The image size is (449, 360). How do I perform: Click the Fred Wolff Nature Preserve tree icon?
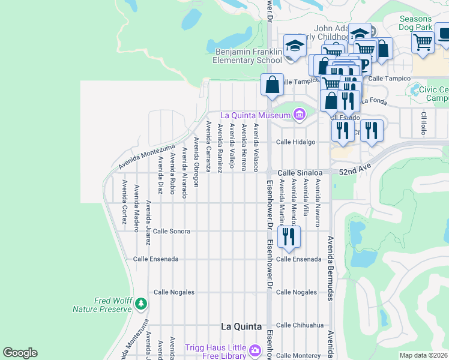tap(140, 304)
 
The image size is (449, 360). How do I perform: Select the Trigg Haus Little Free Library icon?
tap(255, 349)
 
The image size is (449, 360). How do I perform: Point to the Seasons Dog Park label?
tap(424, 23)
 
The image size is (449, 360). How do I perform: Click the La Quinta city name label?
tap(241, 326)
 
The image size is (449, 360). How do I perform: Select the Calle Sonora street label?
tap(171, 231)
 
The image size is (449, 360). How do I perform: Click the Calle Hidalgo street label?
tap(295, 142)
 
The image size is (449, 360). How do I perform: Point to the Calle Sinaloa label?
tap(296, 172)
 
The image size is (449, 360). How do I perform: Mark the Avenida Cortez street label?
tap(124, 202)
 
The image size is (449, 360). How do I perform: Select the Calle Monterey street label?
tap(298, 356)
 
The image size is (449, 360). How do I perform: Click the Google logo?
tap(20, 353)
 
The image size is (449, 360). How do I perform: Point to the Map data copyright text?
tap(424, 355)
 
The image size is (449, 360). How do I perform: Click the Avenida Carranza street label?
tap(208, 146)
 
